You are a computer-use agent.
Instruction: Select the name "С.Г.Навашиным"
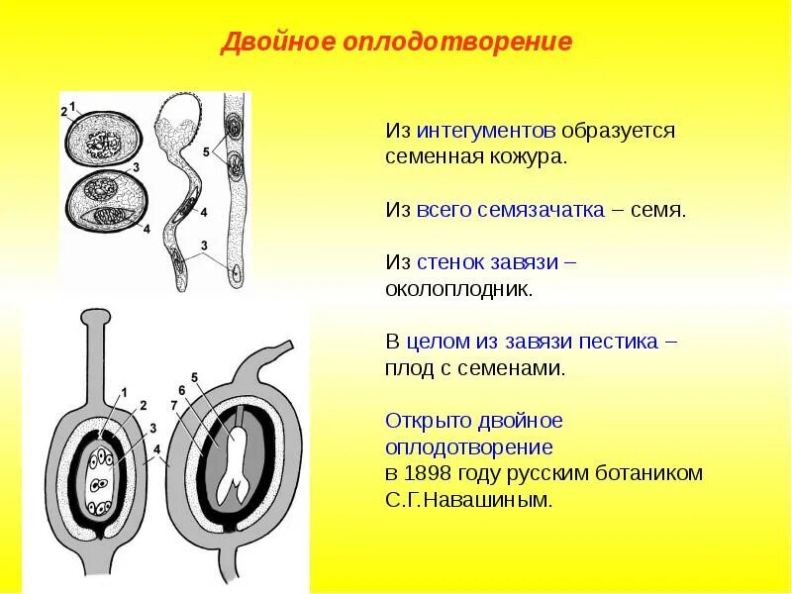[x=467, y=499]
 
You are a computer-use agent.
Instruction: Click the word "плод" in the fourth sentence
[x=406, y=368]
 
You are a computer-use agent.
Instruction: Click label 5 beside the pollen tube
[x=205, y=151]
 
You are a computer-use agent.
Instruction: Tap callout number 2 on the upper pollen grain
[x=64, y=112]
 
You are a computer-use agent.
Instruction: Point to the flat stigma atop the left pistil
[x=94, y=319]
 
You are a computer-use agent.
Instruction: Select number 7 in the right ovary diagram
[x=173, y=406]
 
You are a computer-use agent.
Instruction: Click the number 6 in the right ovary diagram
[x=182, y=390]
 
